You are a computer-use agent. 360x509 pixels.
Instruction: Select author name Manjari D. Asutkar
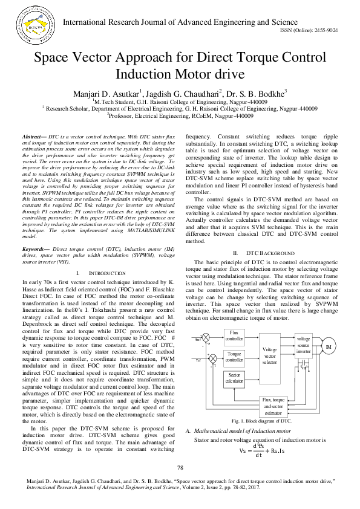pos(106,94)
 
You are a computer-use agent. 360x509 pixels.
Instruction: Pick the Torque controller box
pos(234,357)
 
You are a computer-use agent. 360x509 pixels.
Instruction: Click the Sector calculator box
pos(234,378)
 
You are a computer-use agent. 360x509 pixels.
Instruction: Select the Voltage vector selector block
pos(270,355)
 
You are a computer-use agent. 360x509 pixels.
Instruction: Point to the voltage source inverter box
pos(304,345)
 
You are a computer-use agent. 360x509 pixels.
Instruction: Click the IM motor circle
pos(329,346)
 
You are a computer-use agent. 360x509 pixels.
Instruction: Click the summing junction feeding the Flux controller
pos(206,337)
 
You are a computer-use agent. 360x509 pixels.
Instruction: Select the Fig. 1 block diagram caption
pos(261,420)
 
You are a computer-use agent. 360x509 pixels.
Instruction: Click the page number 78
pos(180,468)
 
